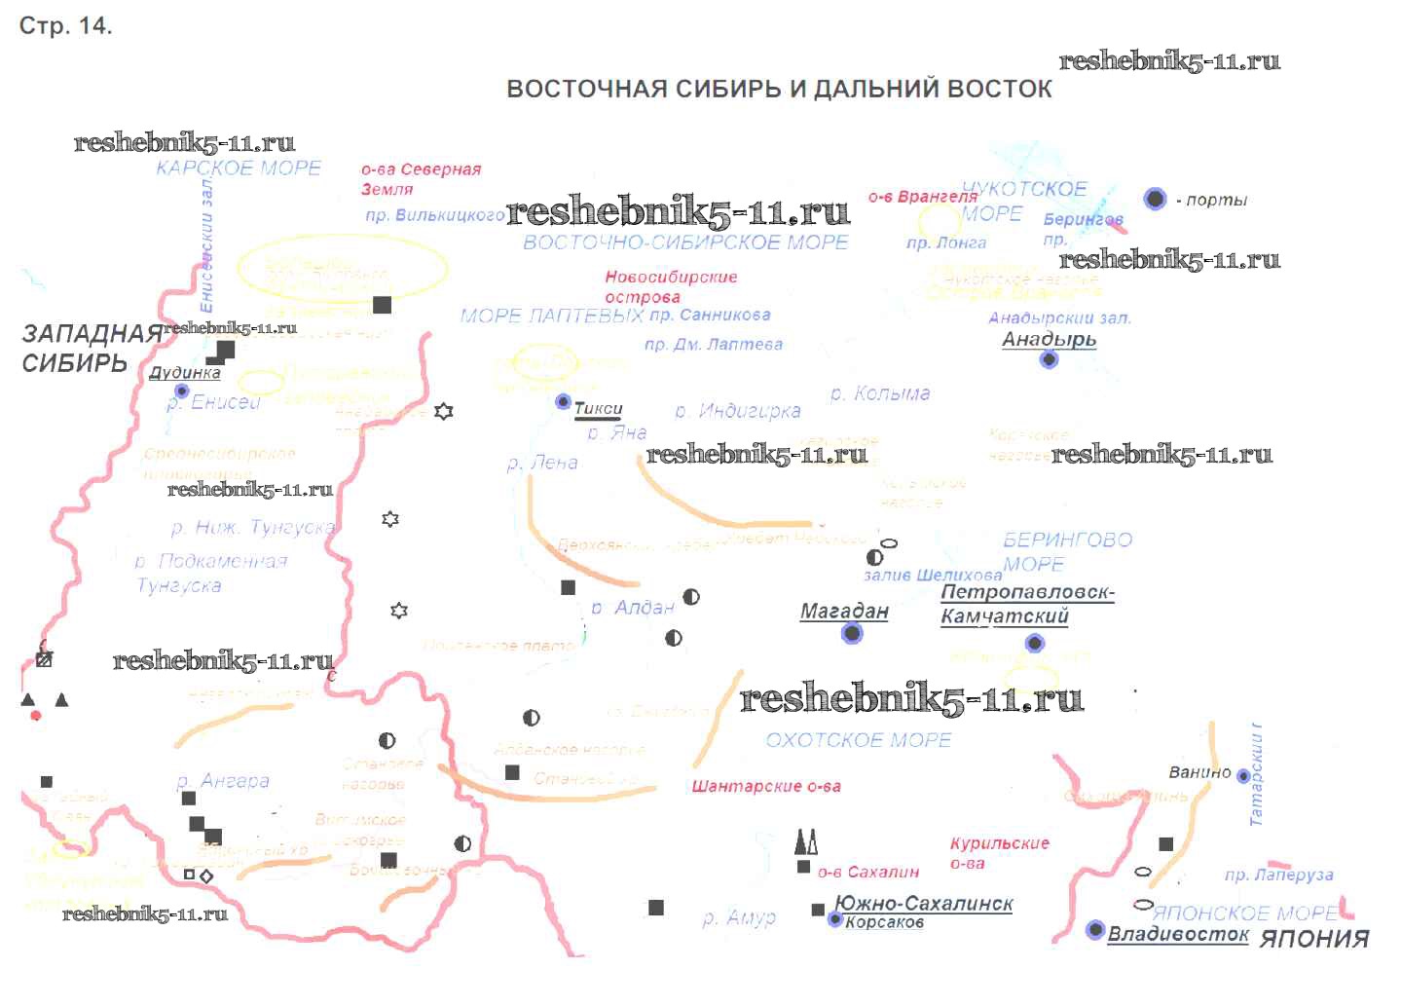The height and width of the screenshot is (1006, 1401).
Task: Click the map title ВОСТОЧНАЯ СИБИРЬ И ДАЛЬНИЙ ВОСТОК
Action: tap(779, 89)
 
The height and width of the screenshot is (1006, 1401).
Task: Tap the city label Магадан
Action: tap(844, 612)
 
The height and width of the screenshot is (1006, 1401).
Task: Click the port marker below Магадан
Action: tap(852, 634)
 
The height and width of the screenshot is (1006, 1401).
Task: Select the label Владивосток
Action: tap(1178, 934)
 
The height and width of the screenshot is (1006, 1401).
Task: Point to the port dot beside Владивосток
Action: tap(1095, 930)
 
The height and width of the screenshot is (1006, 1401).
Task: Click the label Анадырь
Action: tap(1049, 340)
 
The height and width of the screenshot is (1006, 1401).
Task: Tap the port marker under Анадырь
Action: tap(1049, 359)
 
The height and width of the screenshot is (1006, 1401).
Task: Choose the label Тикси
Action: tap(598, 409)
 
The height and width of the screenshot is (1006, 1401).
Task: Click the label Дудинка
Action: tap(185, 372)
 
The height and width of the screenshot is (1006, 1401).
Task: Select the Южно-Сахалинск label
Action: tap(924, 903)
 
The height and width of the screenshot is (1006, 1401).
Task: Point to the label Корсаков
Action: tap(884, 922)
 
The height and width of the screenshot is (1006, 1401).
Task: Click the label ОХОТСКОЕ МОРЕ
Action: tap(858, 740)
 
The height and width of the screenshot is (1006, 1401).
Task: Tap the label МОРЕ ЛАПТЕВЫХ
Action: tap(551, 316)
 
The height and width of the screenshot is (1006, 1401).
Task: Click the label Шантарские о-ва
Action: tap(766, 786)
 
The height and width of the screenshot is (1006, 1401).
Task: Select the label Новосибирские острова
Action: tap(671, 286)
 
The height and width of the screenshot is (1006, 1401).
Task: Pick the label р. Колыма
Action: tap(880, 393)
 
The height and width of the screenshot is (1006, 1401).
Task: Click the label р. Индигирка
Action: tap(738, 411)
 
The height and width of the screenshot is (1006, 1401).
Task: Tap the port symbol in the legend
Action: tap(1155, 199)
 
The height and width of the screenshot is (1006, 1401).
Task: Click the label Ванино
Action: tap(1199, 772)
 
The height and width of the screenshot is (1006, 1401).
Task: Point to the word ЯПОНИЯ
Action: tap(1314, 939)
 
